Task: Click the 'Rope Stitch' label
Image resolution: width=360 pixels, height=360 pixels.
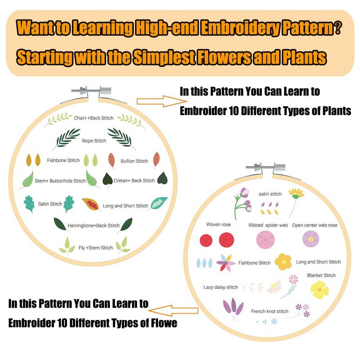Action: (x=94, y=141)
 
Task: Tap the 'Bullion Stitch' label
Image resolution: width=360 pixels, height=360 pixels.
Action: (x=134, y=161)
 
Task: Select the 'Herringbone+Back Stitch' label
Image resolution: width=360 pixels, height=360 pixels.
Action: (x=94, y=226)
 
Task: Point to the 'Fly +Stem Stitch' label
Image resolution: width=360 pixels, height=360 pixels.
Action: (x=95, y=248)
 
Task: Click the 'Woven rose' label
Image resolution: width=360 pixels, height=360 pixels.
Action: (x=218, y=225)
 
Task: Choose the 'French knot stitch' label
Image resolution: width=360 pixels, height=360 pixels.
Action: (x=270, y=311)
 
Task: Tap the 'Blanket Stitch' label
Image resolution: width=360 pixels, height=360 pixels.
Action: (x=321, y=275)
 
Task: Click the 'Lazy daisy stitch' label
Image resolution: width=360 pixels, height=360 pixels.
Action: (x=221, y=287)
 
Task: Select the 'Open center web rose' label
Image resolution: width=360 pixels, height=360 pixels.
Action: (x=315, y=225)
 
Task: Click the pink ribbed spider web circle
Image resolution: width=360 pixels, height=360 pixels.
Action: (x=265, y=239)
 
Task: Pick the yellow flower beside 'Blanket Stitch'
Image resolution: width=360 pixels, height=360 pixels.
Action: (x=320, y=290)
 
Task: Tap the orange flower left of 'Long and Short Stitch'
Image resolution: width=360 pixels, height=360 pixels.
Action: (x=283, y=262)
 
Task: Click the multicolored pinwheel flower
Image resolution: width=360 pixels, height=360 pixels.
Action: (x=226, y=263)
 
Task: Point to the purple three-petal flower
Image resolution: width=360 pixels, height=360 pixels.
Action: (x=233, y=307)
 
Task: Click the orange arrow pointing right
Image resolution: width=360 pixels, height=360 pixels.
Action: (x=153, y=101)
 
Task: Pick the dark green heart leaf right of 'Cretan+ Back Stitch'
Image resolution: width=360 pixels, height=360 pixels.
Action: (x=162, y=180)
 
